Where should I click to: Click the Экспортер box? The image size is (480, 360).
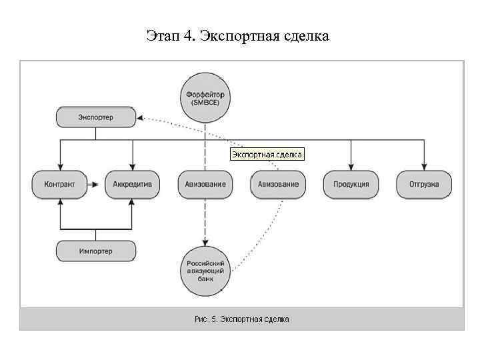pyautogui.click(x=95, y=118)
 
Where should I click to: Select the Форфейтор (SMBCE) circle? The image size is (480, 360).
pyautogui.click(x=205, y=98)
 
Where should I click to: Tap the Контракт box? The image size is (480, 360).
pyautogui.click(x=59, y=184)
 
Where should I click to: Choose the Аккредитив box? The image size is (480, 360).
pyautogui.click(x=133, y=184)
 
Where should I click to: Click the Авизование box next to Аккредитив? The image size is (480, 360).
pyautogui.click(x=205, y=184)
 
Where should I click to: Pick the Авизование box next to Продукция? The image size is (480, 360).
pyautogui.click(x=278, y=184)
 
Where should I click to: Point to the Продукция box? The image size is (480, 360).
pyautogui.click(x=351, y=184)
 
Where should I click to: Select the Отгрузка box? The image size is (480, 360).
pyautogui.click(x=424, y=184)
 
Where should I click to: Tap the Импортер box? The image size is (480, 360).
pyautogui.click(x=95, y=251)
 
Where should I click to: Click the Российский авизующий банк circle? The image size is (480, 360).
pyautogui.click(x=205, y=271)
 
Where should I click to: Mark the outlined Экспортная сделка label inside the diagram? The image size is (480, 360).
pyautogui.click(x=267, y=155)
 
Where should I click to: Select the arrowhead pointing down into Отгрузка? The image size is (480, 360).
pyautogui.click(x=424, y=168)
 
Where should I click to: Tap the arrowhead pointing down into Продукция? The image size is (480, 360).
pyautogui.click(x=351, y=168)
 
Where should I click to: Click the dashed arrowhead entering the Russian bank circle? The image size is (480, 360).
pyautogui.click(x=205, y=243)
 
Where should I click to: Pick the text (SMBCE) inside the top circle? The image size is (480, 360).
pyautogui.click(x=205, y=104)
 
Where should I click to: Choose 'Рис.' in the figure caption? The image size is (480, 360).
pyautogui.click(x=201, y=319)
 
